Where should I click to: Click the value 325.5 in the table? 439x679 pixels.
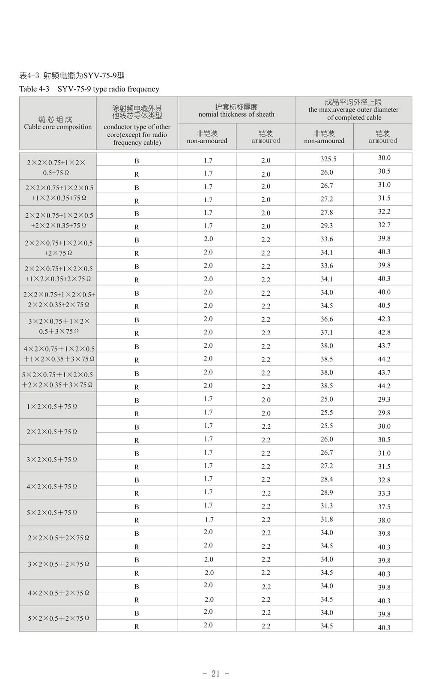tap(329, 159)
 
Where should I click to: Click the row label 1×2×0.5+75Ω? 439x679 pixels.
tap(52, 406)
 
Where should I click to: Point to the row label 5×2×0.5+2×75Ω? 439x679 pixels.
tap(58, 618)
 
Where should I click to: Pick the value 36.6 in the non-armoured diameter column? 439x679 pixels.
tap(327, 319)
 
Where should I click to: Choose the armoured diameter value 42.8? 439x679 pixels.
tap(384, 332)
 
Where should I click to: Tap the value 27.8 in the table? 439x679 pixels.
tap(327, 213)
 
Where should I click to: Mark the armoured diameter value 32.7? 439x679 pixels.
tap(384, 225)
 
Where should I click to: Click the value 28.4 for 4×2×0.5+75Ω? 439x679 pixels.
tap(327, 479)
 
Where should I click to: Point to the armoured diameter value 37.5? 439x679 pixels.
tap(384, 507)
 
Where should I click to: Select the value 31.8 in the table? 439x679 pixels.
tap(327, 520)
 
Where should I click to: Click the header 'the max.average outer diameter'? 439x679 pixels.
tap(353, 110)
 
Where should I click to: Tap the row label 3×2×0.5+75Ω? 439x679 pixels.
tap(52, 460)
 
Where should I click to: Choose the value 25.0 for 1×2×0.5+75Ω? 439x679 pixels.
tap(327, 400)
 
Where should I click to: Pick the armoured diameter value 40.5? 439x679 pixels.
tap(384, 306)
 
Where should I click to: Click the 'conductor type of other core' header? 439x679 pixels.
tap(137, 126)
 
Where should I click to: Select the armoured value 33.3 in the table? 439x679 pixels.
tap(384, 493)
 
